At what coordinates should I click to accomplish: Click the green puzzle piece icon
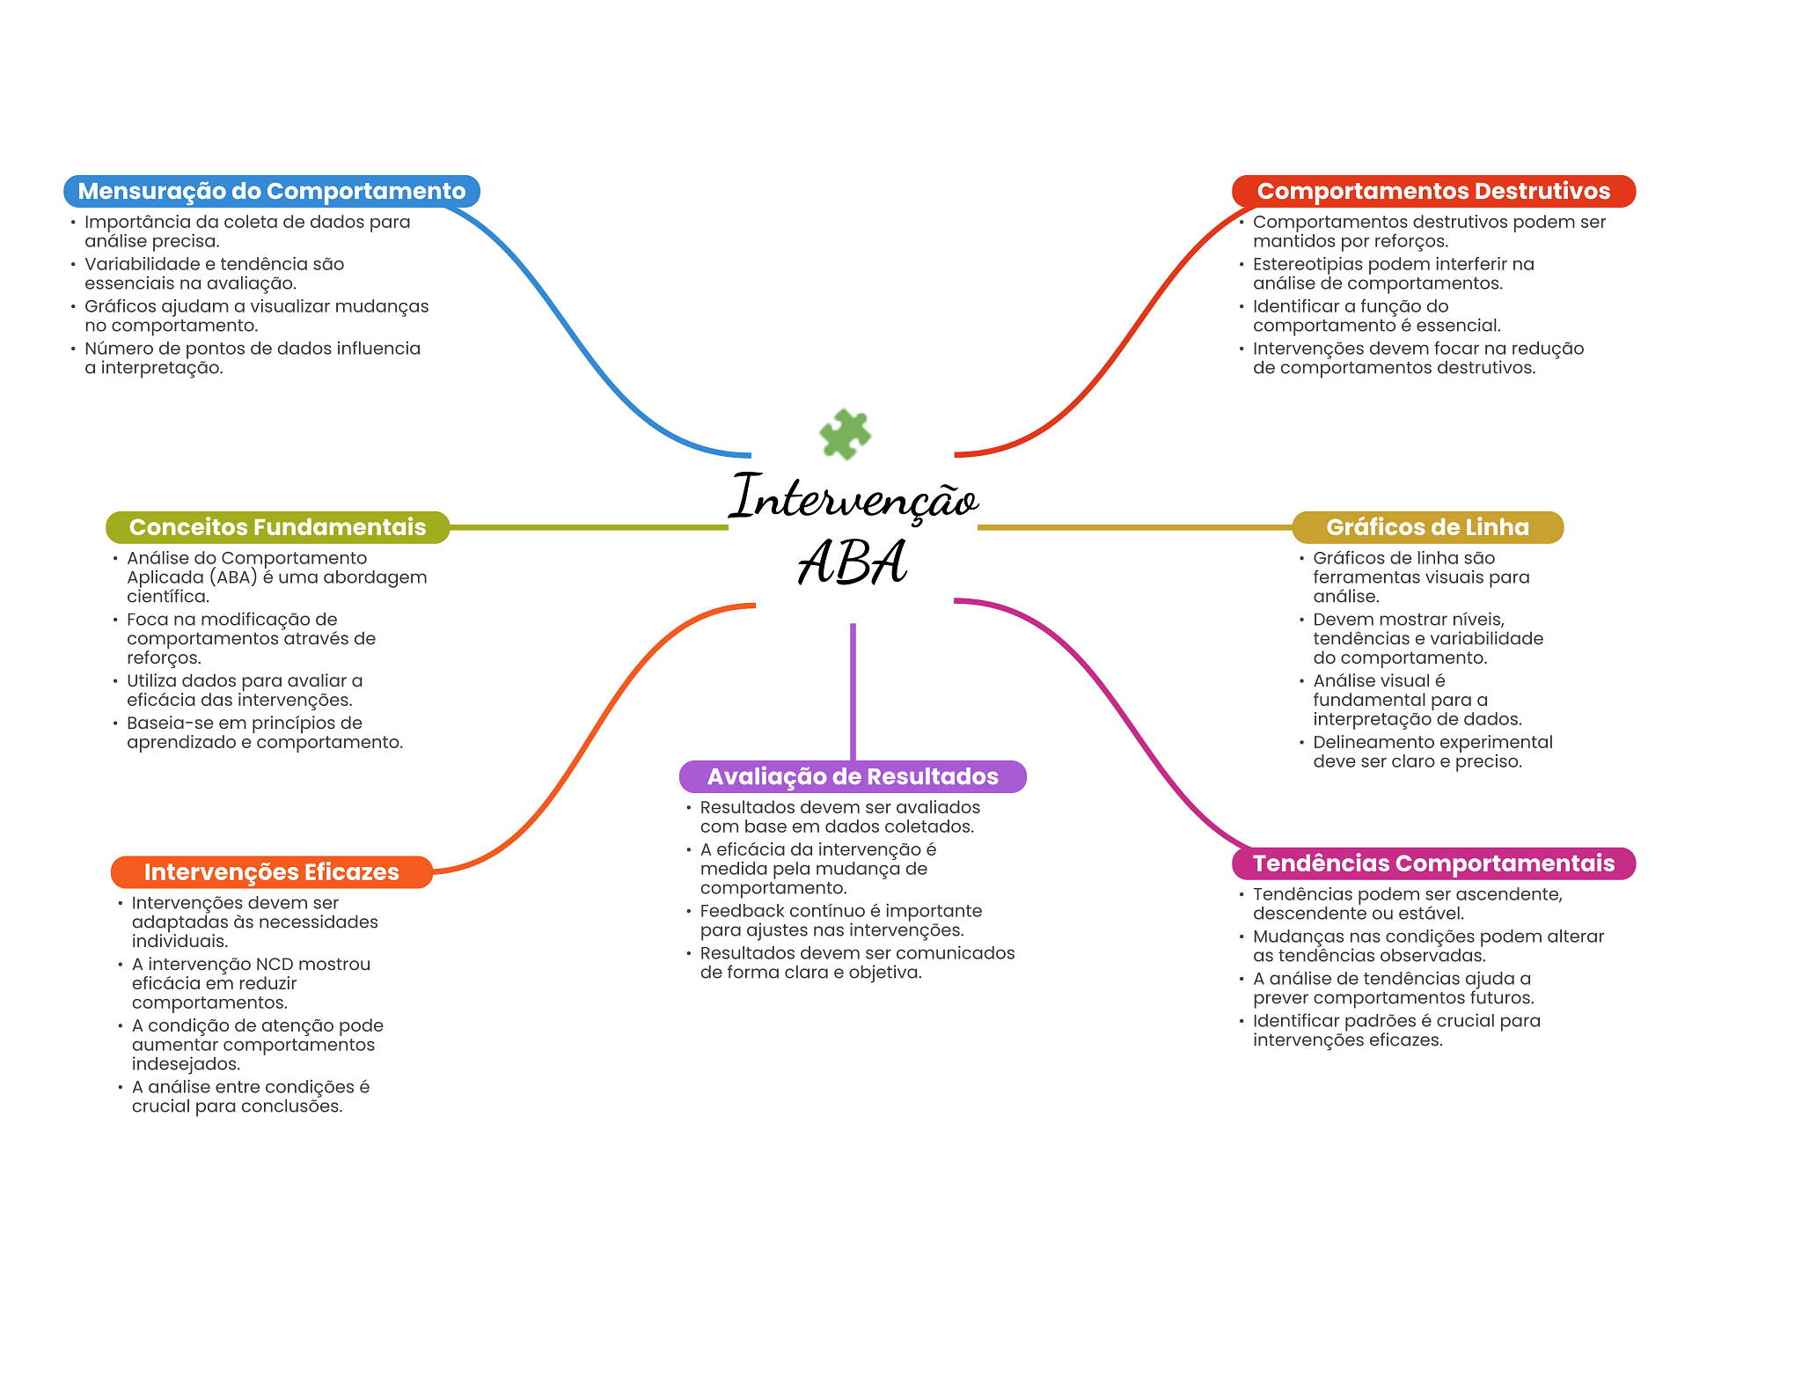pos(845,434)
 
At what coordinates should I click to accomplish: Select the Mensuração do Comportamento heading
pos(272,191)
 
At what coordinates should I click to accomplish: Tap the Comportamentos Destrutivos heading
pos(1433,191)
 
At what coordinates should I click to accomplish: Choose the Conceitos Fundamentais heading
pos(277,527)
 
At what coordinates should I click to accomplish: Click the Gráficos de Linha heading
pos(1427,527)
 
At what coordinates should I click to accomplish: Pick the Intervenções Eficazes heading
pos(272,872)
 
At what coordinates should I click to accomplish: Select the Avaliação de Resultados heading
pos(853,776)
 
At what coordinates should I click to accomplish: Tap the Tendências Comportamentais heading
pos(1433,863)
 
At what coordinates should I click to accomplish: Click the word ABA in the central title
pos(853,562)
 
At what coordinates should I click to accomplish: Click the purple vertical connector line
pos(853,692)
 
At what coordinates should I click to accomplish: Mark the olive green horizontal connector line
pos(589,527)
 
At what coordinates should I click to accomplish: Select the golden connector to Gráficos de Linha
pos(1135,527)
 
